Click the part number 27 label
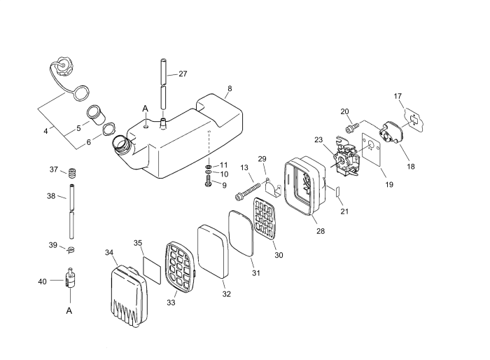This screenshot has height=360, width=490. (x=183, y=74)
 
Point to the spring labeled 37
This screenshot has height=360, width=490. (x=72, y=172)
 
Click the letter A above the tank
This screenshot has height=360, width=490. (x=146, y=109)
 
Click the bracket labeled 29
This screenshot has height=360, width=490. (x=274, y=190)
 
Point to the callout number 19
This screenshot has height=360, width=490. (x=388, y=185)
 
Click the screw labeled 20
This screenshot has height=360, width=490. (x=351, y=127)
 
